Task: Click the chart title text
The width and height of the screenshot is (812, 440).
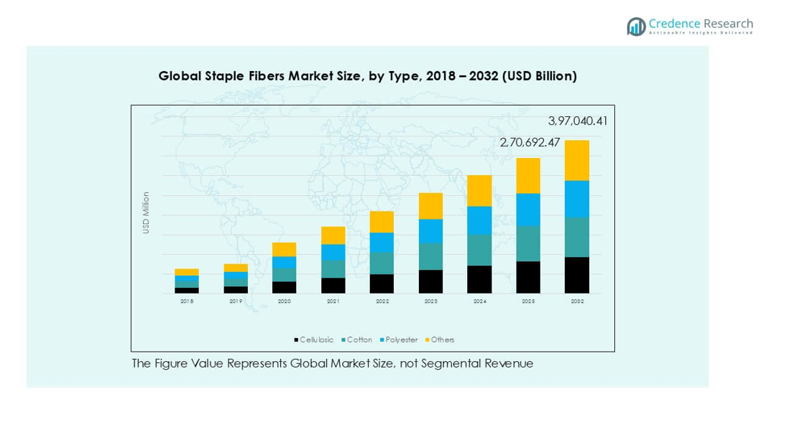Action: tap(367, 76)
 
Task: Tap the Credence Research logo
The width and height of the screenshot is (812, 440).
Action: tap(690, 26)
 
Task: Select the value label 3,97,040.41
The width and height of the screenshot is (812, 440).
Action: tap(577, 121)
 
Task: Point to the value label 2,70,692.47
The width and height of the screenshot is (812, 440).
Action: tap(530, 143)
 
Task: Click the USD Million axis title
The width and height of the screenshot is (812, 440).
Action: tap(146, 212)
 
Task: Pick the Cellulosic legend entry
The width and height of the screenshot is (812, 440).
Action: tap(313, 340)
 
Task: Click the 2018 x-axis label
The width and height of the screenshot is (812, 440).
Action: tap(187, 301)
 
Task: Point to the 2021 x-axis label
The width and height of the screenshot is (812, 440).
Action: tap(333, 301)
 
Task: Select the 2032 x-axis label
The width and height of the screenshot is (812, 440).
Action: tap(577, 301)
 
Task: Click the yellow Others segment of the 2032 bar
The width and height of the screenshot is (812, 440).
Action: tap(577, 160)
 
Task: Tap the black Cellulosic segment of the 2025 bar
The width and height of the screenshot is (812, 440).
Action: tap(528, 277)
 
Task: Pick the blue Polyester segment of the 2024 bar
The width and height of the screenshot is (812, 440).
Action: tap(479, 220)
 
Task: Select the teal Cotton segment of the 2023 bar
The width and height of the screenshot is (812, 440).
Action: tap(430, 256)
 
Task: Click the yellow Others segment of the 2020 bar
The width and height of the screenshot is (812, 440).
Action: tap(285, 249)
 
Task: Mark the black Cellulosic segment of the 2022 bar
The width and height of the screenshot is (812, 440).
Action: tap(382, 284)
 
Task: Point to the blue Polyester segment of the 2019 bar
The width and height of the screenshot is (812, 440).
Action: tap(236, 275)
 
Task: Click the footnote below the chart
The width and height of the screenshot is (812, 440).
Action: tap(332, 364)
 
